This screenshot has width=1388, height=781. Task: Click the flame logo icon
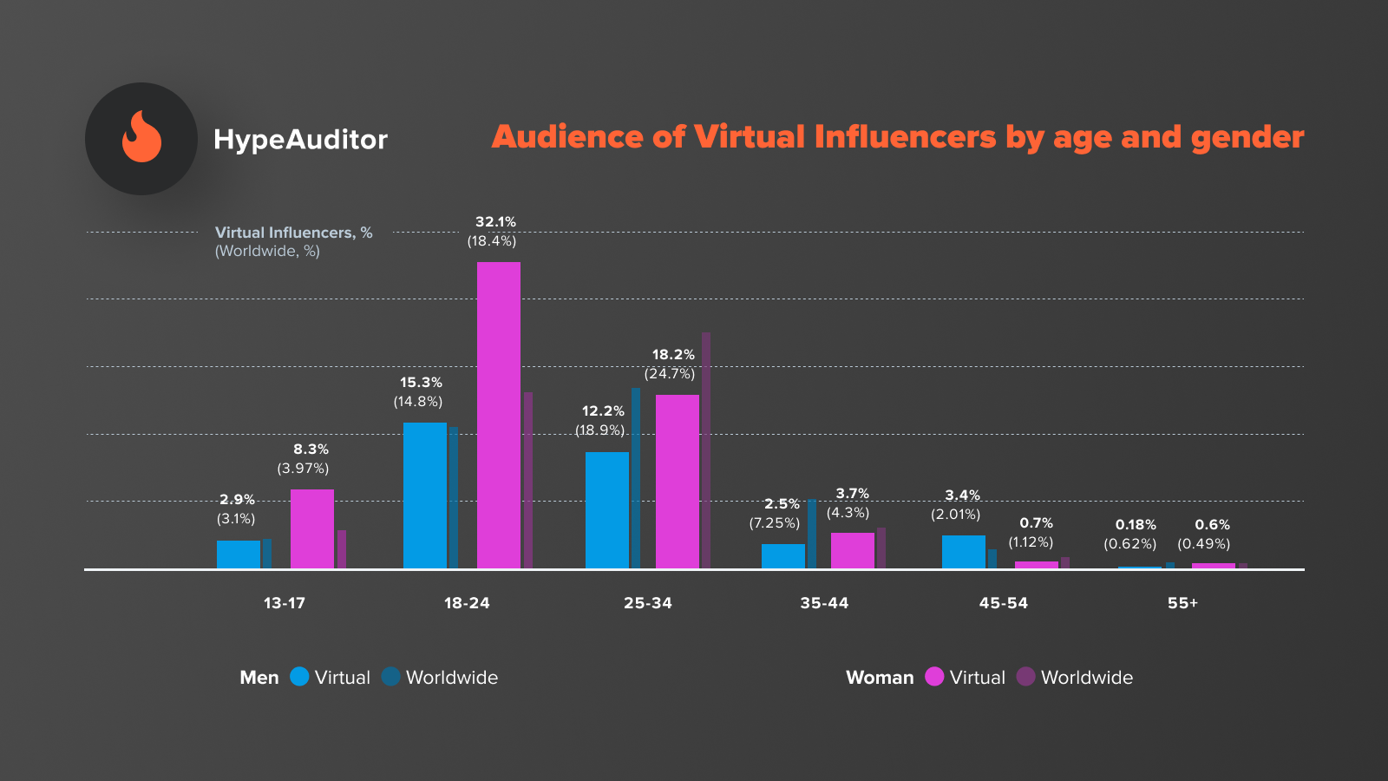click(141, 138)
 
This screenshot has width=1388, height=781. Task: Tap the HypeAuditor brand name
click(300, 140)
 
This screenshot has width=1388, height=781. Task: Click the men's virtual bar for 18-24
click(425, 496)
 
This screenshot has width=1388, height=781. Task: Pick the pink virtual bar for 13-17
click(312, 528)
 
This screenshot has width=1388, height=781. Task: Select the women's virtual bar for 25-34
click(678, 482)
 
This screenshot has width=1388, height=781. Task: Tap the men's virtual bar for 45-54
click(964, 552)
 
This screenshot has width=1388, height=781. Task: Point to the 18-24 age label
click(467, 603)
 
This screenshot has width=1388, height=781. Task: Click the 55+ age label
click(1182, 603)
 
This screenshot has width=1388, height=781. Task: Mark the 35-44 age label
click(824, 603)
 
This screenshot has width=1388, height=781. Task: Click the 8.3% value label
click(311, 450)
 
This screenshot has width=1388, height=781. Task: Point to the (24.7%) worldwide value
click(670, 374)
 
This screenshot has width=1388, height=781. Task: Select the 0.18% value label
click(1136, 525)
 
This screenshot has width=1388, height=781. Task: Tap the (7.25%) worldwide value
click(775, 523)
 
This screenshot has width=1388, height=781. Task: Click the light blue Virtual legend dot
click(299, 677)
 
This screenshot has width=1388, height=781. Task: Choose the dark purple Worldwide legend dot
click(1026, 677)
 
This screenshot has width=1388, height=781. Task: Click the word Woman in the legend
click(880, 678)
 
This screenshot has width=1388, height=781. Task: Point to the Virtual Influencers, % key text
click(293, 233)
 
